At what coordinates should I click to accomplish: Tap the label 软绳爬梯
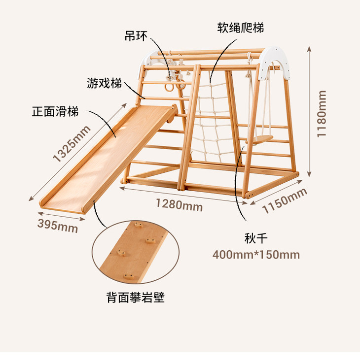click(241, 28)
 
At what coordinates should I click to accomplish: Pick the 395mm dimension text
click(58, 226)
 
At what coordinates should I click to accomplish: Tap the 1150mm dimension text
click(285, 201)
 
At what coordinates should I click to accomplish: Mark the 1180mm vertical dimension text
click(322, 114)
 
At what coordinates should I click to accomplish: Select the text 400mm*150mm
click(256, 255)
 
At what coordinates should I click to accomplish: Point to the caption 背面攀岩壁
click(135, 297)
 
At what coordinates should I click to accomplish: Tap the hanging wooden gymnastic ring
click(169, 87)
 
